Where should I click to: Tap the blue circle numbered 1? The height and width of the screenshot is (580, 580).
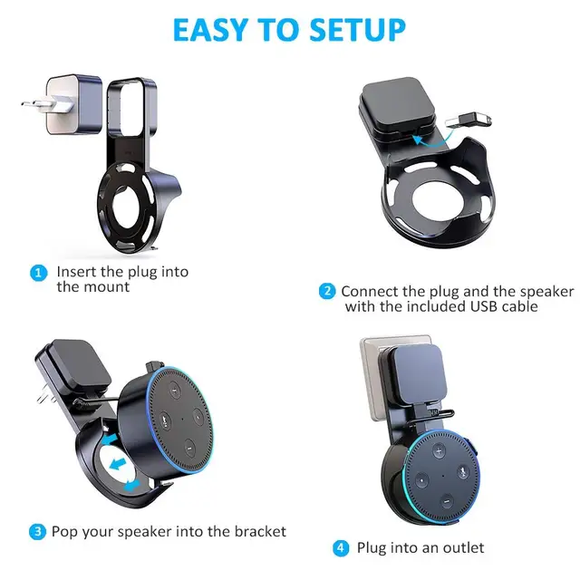37,272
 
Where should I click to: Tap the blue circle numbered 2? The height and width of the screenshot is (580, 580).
326,292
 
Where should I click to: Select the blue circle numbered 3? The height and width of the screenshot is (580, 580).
37,531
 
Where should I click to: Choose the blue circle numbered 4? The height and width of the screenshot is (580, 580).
340,548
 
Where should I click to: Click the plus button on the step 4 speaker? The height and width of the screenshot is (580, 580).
440,450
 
